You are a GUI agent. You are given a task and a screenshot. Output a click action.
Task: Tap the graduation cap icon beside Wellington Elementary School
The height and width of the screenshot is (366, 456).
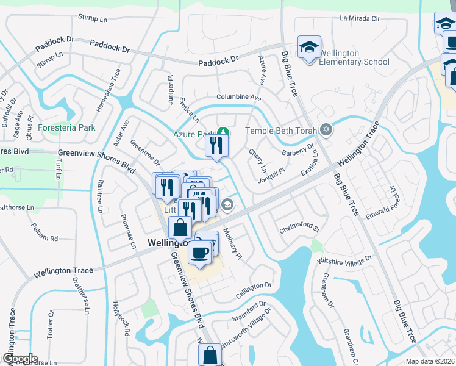coord(309,47)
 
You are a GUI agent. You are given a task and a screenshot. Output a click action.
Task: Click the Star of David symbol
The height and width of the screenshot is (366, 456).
coord(326,130)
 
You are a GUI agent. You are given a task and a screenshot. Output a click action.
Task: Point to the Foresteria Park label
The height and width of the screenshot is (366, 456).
coord(67,128)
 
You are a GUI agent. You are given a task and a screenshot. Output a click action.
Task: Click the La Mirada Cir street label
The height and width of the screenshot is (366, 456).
coord(360,19)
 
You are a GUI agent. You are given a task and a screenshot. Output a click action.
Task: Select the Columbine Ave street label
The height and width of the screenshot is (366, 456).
coord(239,98)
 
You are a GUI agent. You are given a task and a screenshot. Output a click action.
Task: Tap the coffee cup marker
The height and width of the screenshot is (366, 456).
coord(199,251)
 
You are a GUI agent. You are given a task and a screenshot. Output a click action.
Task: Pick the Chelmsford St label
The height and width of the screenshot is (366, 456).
coord(299,230)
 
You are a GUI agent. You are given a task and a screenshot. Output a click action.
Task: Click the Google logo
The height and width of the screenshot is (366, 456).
coord(20,359)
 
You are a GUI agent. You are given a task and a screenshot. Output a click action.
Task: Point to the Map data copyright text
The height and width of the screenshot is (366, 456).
coord(430,361)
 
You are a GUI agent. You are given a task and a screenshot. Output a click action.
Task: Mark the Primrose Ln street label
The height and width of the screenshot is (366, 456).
coord(129,231)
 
